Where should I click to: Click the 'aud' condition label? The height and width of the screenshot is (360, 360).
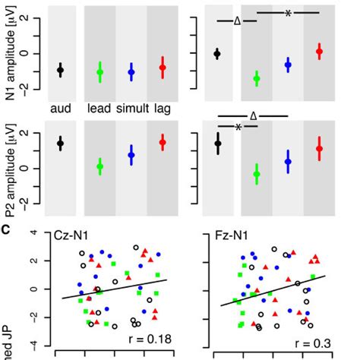(60, 109)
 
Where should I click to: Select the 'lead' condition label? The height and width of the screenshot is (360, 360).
(99, 109)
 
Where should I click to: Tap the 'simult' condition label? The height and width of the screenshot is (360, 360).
(131, 109)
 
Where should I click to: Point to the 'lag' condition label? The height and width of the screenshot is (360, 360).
(161, 109)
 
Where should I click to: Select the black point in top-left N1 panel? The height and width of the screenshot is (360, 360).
(61, 69)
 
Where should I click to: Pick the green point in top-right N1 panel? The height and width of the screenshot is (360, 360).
(256, 78)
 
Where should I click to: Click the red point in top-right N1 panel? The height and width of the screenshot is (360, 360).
(319, 51)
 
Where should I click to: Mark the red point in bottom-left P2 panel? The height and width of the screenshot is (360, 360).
(162, 142)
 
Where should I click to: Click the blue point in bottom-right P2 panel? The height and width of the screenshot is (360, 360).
(288, 161)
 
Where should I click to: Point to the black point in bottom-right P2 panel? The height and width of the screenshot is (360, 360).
(218, 143)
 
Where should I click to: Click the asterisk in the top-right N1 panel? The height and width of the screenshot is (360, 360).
(288, 13)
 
